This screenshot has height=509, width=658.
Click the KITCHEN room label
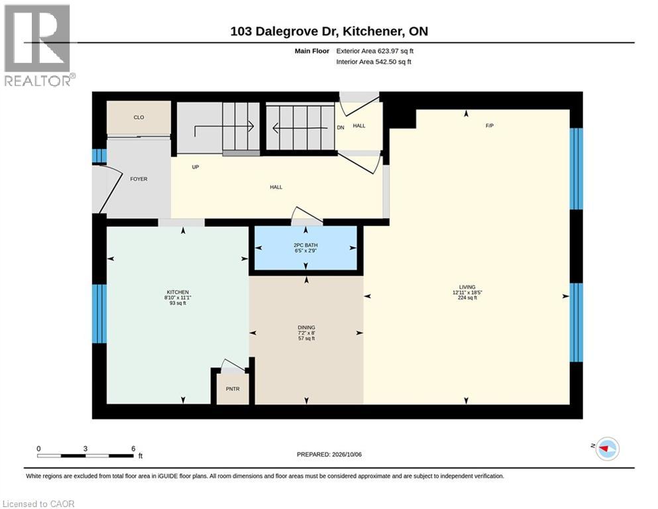tap(178, 292)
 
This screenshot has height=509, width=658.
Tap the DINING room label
tap(306, 327)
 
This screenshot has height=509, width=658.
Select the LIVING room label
tap(467, 287)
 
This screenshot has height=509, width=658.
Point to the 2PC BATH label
tap(305, 245)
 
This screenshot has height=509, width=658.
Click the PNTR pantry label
tap(233, 389)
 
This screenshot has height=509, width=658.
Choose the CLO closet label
tap(138, 117)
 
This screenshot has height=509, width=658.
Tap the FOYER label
tap(138, 179)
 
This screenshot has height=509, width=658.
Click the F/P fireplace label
tap(489, 125)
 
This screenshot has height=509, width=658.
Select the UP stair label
tap(195, 167)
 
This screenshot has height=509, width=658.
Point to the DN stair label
tap(341, 127)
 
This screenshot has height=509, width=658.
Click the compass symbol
tap(608, 449)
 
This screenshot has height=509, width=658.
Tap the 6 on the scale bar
tap(133, 449)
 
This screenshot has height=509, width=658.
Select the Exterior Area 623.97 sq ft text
tap(375, 51)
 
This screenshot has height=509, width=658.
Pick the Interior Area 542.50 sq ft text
tap(374, 62)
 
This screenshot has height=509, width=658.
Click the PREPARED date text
tap(329, 455)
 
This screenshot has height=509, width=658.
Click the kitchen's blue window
tap(99, 314)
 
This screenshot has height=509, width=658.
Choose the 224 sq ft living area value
tap(467, 298)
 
